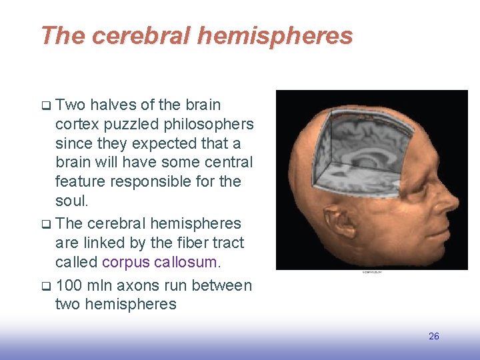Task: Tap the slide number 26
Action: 434,336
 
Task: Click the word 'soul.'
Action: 72,200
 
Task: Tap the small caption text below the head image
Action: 373,272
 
